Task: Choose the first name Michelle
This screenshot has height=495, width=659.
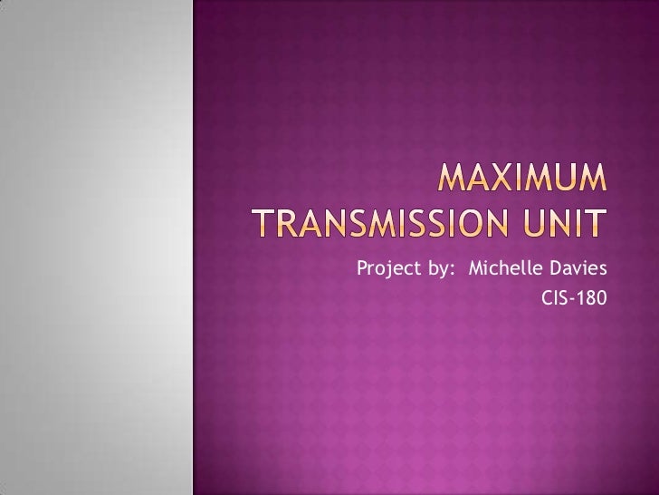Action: [x=501, y=269]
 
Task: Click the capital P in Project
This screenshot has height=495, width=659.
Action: [x=363, y=269]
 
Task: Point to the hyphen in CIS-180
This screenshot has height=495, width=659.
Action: [x=571, y=296]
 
